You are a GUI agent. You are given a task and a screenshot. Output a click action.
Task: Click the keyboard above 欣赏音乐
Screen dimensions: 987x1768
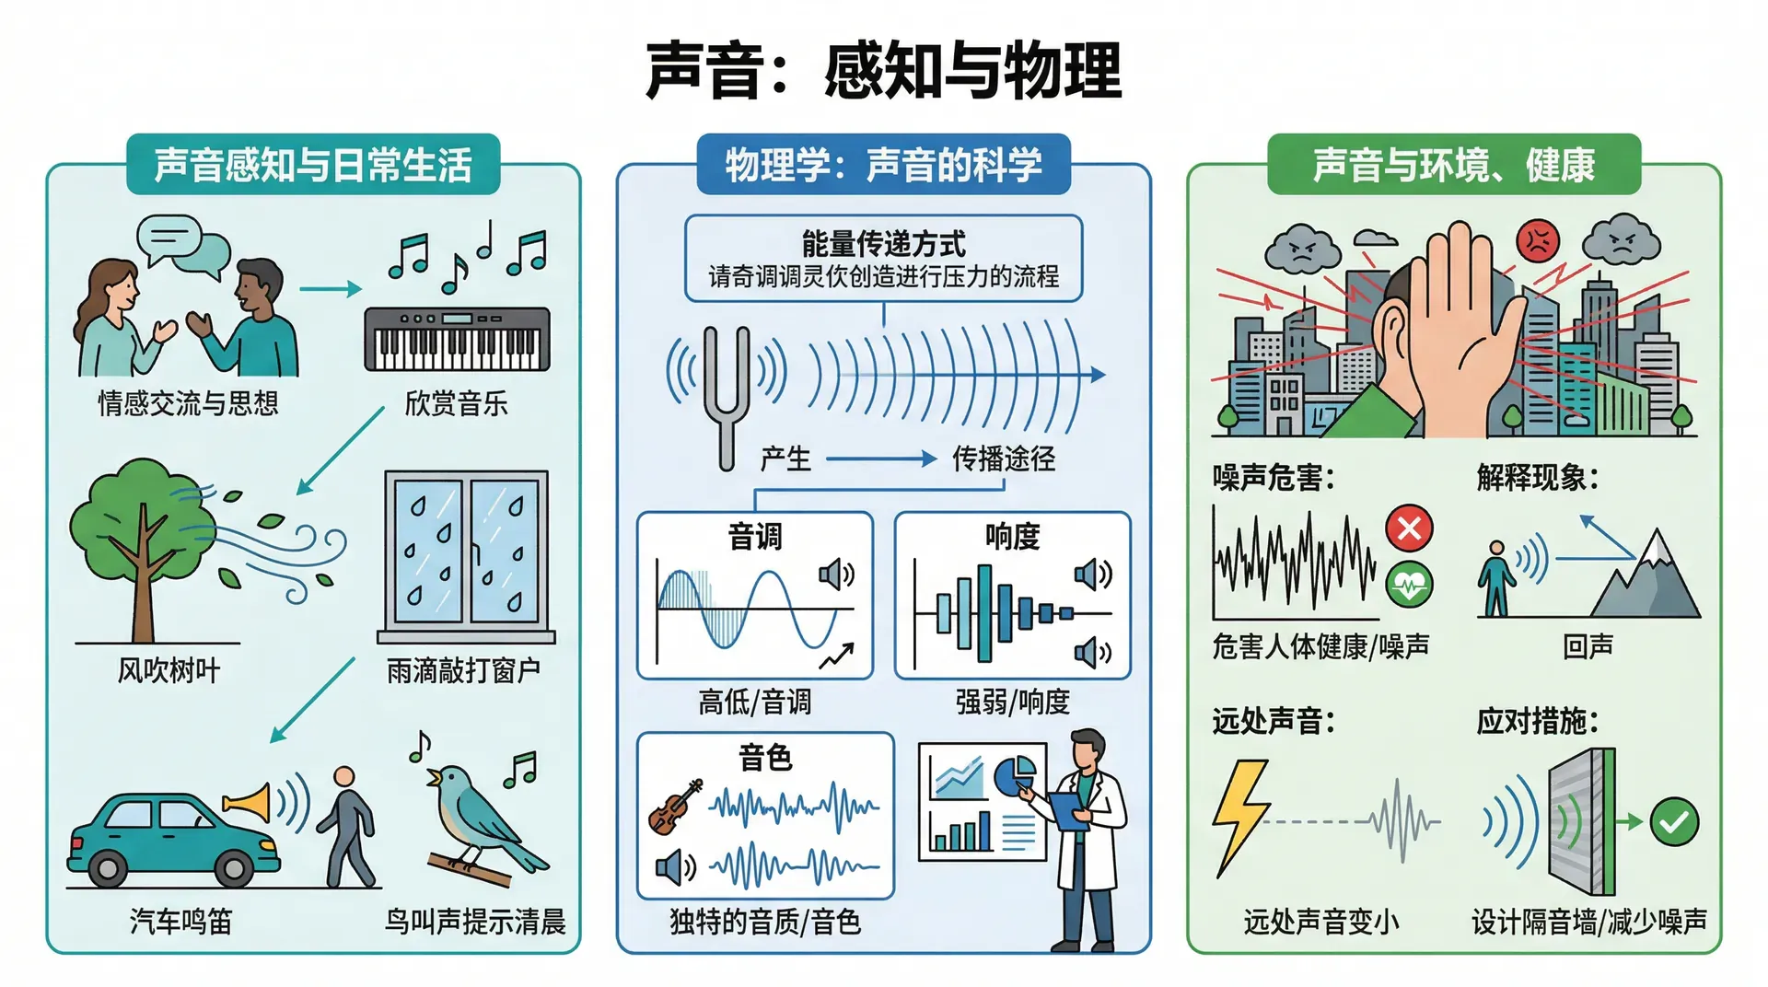coord(457,339)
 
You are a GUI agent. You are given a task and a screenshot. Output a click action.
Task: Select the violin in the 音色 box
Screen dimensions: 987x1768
coord(675,807)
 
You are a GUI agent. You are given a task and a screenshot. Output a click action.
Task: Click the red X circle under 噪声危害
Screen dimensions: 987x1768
coord(1409,528)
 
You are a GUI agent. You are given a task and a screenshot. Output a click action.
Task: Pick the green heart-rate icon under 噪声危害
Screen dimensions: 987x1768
coord(1409,584)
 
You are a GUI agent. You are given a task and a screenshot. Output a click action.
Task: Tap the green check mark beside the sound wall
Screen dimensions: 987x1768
coord(1673,821)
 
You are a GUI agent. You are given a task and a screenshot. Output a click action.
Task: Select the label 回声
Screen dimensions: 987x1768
coord(1588,646)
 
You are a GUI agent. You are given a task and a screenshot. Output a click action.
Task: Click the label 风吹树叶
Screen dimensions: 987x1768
coord(169,670)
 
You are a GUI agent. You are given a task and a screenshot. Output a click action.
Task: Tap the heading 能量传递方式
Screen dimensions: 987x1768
coord(883,244)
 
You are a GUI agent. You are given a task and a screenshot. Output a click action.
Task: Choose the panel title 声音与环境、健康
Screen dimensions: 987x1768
coord(1453,165)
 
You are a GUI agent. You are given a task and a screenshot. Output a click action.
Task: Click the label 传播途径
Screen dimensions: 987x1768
coord(1003,459)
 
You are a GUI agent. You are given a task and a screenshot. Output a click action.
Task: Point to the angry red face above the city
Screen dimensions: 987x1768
coord(1537,242)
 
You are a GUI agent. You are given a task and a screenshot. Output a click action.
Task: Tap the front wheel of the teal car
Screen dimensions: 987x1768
coord(233,866)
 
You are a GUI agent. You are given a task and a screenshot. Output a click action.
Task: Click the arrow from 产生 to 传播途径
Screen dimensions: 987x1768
coord(880,459)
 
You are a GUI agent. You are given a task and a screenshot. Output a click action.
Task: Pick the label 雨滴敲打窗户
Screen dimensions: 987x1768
coord(463,670)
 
